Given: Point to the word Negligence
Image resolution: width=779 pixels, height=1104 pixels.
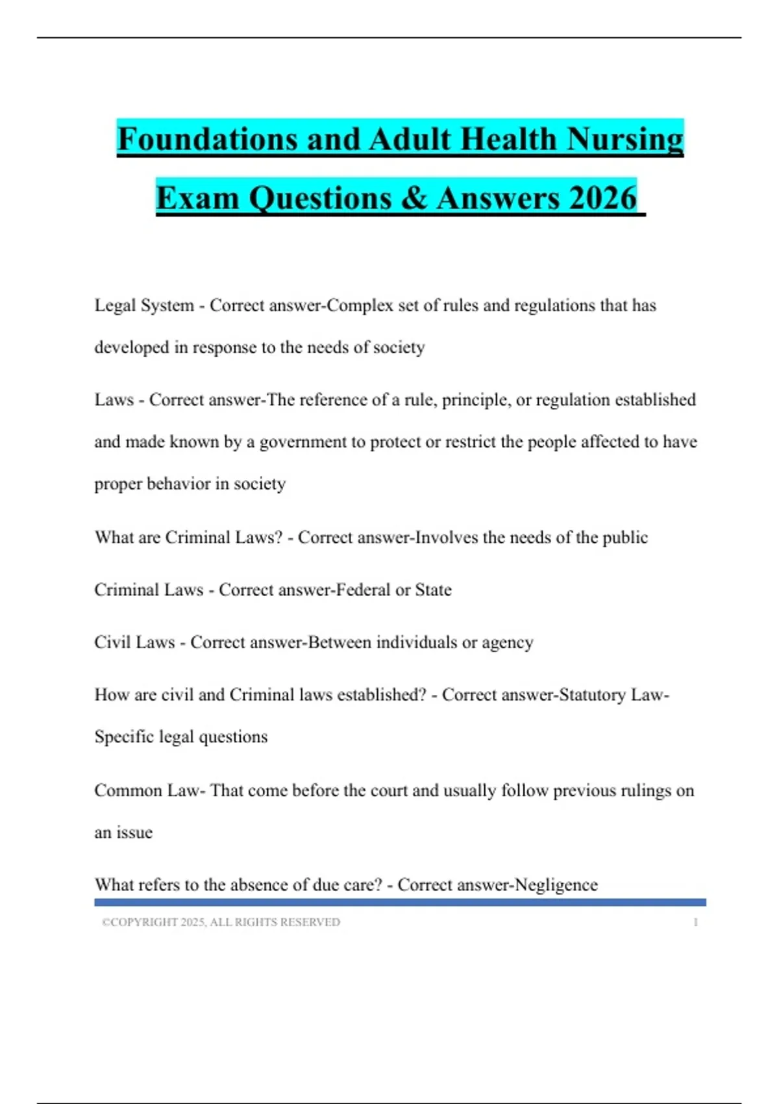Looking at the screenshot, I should (556, 884).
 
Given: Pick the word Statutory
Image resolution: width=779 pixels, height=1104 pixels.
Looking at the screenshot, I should (592, 695).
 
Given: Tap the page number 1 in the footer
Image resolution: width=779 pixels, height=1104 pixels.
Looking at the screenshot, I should (695, 922).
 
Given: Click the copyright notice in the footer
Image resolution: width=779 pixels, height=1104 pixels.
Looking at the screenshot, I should (221, 922).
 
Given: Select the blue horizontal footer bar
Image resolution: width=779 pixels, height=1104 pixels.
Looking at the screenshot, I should (400, 902).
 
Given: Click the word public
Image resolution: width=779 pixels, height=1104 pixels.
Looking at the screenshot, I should (625, 538).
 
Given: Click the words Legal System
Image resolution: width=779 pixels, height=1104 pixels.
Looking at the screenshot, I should (144, 305).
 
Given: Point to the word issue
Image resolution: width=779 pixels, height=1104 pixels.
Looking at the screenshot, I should (134, 833).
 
